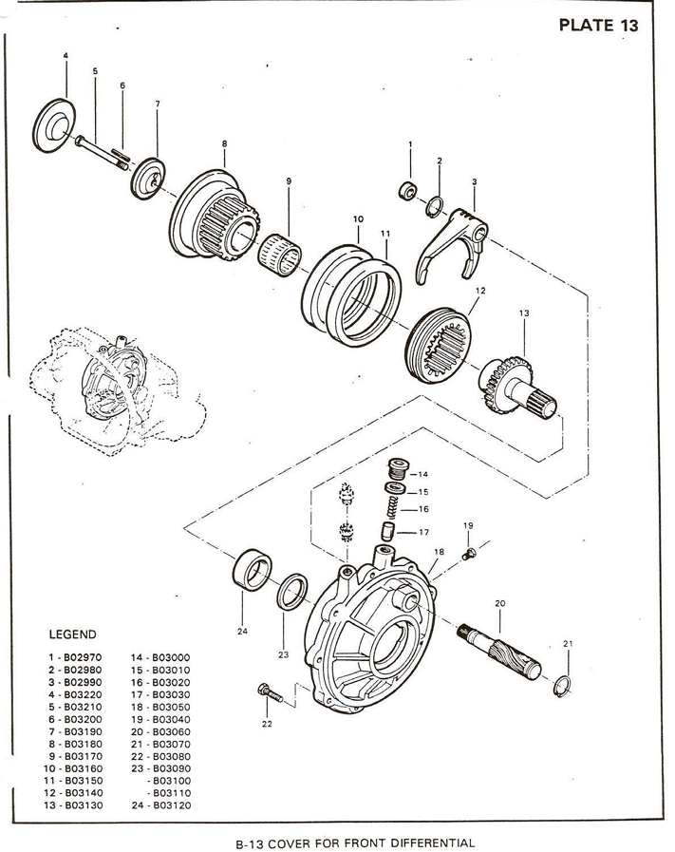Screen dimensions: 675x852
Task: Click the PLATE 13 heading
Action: (x=598, y=26)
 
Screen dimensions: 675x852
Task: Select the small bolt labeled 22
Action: (x=270, y=692)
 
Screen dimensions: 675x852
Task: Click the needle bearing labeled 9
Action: (x=279, y=255)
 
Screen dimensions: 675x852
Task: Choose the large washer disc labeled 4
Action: (x=54, y=126)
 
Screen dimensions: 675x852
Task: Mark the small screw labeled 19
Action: (x=469, y=555)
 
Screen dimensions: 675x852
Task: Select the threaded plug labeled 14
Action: (x=399, y=468)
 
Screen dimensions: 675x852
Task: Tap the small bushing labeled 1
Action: (x=408, y=191)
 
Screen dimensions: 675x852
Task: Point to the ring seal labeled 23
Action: (x=292, y=591)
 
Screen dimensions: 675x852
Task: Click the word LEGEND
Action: (x=73, y=634)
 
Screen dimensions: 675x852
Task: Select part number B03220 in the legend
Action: (x=83, y=694)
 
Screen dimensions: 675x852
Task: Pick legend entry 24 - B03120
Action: (x=161, y=805)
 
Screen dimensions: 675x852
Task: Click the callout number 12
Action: (x=480, y=291)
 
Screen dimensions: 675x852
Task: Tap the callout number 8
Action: (x=224, y=144)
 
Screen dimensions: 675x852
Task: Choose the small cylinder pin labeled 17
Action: (x=387, y=531)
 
